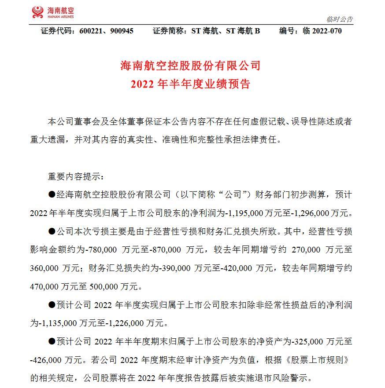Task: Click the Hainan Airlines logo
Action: [x=53, y=12]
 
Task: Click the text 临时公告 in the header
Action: [x=340, y=19]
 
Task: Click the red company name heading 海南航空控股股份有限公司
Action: [x=190, y=66]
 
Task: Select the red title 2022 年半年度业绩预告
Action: [x=190, y=84]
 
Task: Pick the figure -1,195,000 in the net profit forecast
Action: [x=245, y=213]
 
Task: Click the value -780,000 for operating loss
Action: [x=102, y=249]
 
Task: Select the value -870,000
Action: [x=167, y=249]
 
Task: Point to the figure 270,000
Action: [x=304, y=249]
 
